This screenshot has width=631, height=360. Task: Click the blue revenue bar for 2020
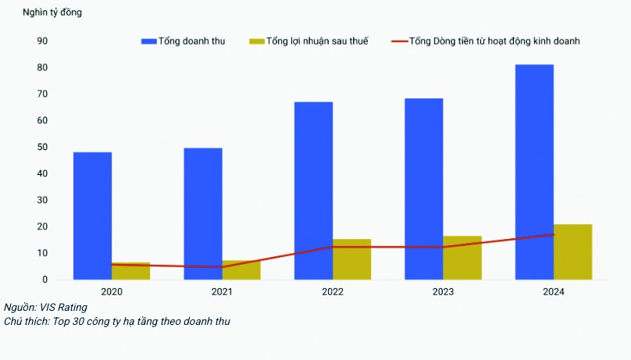pyautogui.click(x=92, y=215)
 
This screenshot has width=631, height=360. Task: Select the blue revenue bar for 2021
pyautogui.click(x=203, y=212)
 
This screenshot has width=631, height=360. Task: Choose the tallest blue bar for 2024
pyautogui.click(x=534, y=171)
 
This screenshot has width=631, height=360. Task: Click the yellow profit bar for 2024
pyautogui.click(x=572, y=251)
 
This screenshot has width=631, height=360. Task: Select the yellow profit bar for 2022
pyautogui.click(x=351, y=259)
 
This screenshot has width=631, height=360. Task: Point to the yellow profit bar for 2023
pyautogui.click(x=462, y=258)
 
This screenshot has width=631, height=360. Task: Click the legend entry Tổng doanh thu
pyautogui.click(x=183, y=41)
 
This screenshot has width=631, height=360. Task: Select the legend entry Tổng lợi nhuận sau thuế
pyautogui.click(x=308, y=41)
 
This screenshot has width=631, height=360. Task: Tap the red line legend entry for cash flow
pyautogui.click(x=484, y=41)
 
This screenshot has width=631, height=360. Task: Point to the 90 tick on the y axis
pyautogui.click(x=42, y=41)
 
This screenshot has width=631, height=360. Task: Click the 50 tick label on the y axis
pyautogui.click(x=42, y=147)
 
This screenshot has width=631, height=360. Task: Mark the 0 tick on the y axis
pyautogui.click(x=45, y=280)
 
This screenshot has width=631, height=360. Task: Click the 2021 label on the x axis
pyautogui.click(x=222, y=291)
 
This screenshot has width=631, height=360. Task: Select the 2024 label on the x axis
pyautogui.click(x=553, y=291)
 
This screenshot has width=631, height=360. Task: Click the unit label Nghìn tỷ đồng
pyautogui.click(x=52, y=13)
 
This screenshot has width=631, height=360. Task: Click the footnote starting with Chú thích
pyautogui.click(x=117, y=321)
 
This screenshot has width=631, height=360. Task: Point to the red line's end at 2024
pyautogui.click(x=553, y=234)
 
